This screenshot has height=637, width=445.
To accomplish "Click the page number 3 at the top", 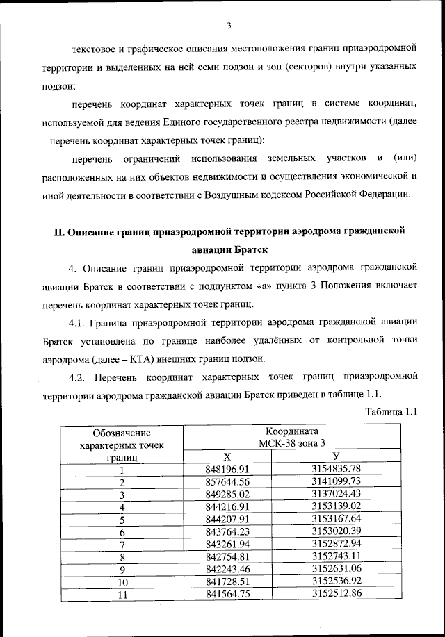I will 228,26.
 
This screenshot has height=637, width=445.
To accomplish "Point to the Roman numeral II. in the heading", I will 60,231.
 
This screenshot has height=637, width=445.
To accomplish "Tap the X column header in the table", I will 227,456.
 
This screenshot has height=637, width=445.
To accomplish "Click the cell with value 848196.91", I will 227,469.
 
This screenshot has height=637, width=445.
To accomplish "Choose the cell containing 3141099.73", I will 337,481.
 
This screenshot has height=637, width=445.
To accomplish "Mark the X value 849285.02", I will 227,494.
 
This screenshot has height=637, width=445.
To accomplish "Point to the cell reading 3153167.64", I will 337,519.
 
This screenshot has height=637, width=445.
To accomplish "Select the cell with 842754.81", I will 227,556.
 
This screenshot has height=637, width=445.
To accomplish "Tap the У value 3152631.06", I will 337,569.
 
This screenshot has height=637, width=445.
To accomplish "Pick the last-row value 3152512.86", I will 337,594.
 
